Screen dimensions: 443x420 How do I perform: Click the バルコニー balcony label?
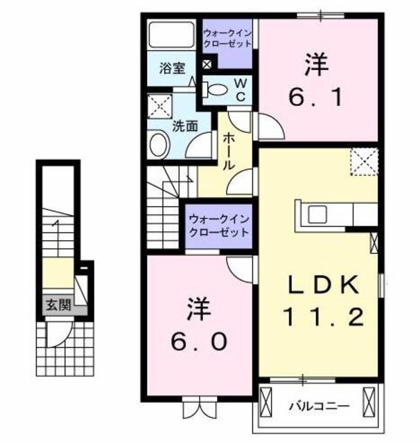(x=320, y=406)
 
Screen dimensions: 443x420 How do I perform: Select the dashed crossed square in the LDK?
(x=363, y=162)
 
